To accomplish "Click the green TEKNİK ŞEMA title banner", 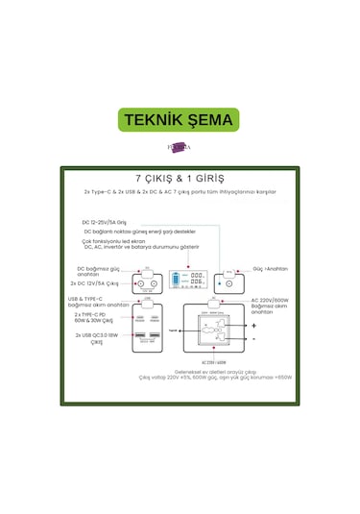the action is coord(179,121).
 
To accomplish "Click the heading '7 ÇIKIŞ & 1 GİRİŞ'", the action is coord(180,180).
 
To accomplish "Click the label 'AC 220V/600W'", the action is coord(271,300).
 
